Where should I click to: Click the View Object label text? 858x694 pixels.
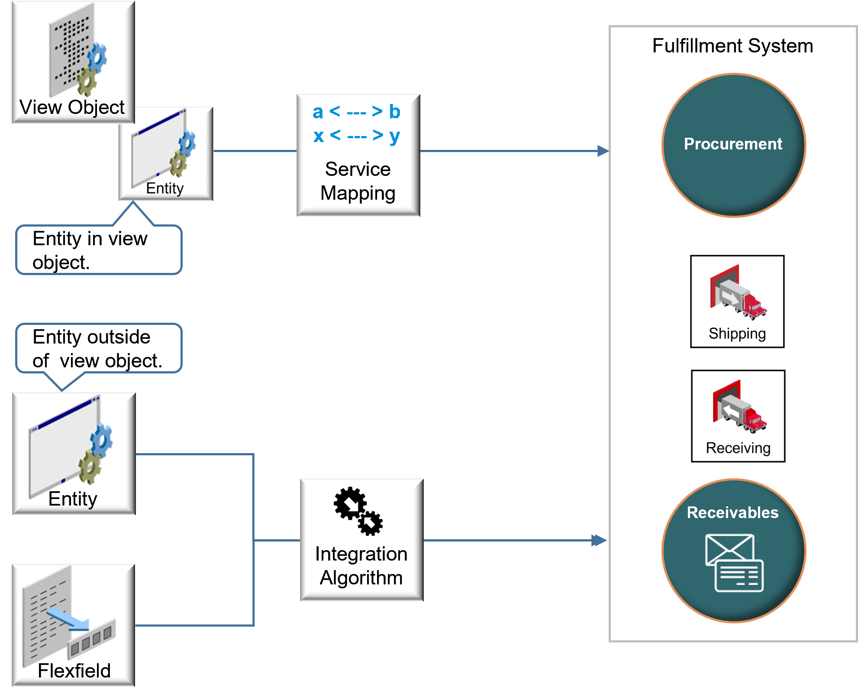(x=72, y=107)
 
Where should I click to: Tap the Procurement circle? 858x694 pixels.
(x=733, y=145)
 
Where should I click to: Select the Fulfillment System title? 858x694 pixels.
(x=732, y=46)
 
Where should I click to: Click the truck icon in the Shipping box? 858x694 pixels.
(x=738, y=293)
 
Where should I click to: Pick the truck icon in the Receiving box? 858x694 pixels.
(x=739, y=407)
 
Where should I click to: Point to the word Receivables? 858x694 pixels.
(x=732, y=512)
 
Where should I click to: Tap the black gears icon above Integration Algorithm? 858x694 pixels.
(x=358, y=511)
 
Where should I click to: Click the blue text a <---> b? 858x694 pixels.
(x=357, y=112)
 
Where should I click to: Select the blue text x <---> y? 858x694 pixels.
(x=357, y=136)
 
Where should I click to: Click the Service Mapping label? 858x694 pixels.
(x=358, y=181)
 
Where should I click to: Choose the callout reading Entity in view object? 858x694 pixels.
(x=99, y=250)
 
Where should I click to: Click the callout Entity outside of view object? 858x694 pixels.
(x=99, y=349)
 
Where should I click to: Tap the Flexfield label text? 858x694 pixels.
(x=74, y=671)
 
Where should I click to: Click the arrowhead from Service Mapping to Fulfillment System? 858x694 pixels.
(x=603, y=151)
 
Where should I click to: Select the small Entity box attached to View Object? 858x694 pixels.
(x=166, y=154)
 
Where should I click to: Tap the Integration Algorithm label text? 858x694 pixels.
(x=361, y=566)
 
